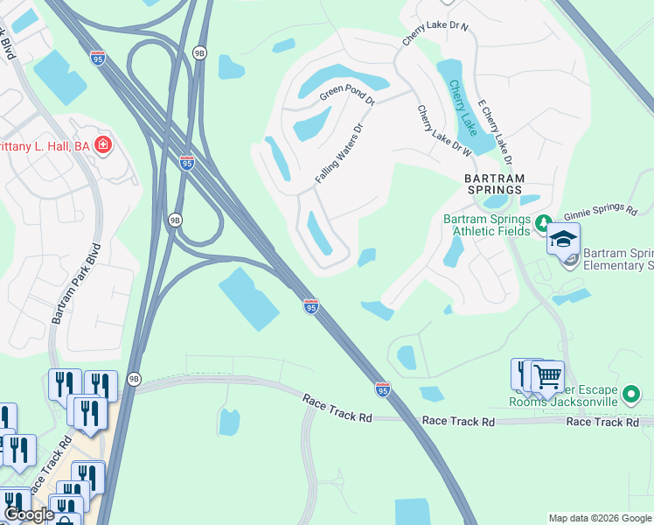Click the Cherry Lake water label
pyautogui.click(x=463, y=108)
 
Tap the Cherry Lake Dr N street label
pyautogui.click(x=435, y=33)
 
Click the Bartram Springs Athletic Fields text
pyautogui.click(x=486, y=225)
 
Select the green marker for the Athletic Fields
pyautogui.click(x=543, y=221)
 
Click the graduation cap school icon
pyautogui.click(x=563, y=239)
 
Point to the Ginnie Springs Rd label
pyautogui.click(x=599, y=211)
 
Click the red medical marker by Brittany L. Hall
pyautogui.click(x=104, y=144)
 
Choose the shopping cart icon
pyautogui.click(x=547, y=376)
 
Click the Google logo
pyautogui.click(x=29, y=514)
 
